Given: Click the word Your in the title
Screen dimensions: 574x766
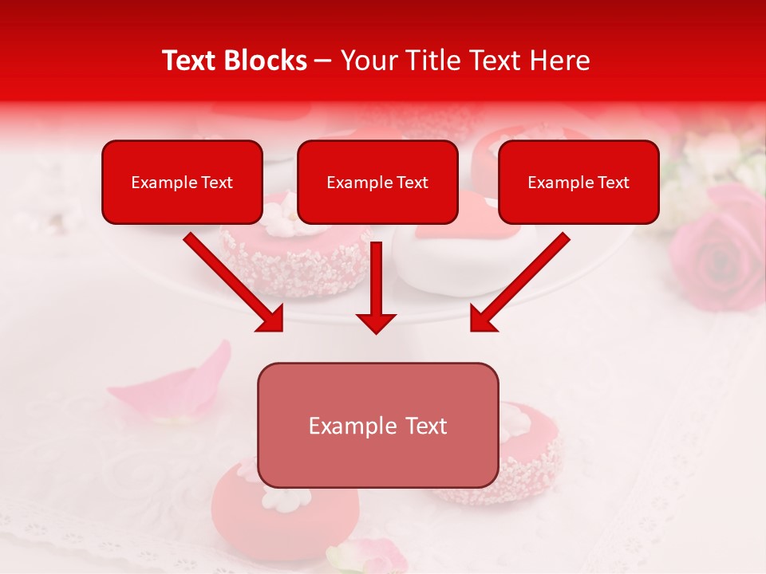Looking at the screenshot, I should click(365, 61).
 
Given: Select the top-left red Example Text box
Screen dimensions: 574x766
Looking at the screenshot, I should click(182, 182).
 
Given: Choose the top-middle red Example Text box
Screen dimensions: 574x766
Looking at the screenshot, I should click(377, 182).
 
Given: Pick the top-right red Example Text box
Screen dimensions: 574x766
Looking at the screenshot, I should click(578, 182).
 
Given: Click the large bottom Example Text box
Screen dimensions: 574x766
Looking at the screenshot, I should click(377, 425).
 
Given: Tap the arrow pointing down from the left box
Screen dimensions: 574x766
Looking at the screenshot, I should click(235, 283).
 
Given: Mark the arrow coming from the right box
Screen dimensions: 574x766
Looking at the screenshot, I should click(519, 283).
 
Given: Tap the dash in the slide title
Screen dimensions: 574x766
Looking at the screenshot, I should click(324, 61).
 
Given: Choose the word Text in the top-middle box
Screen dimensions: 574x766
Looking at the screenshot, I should click(412, 183).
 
